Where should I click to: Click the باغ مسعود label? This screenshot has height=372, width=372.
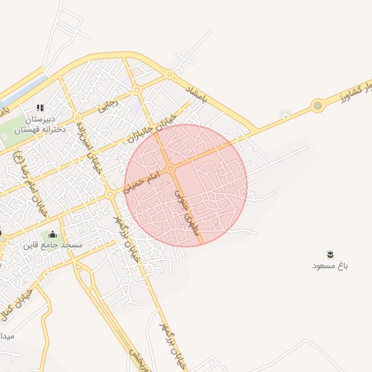[x=331, y=266]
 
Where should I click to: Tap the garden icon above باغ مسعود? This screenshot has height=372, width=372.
[x=331, y=254]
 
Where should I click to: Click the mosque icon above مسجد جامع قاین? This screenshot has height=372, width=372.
[x=52, y=234]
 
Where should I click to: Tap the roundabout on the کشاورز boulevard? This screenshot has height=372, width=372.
[x=318, y=106]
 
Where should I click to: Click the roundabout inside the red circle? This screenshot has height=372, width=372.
[x=171, y=169]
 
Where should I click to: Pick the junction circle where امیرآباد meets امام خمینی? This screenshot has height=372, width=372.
[x=110, y=194]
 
